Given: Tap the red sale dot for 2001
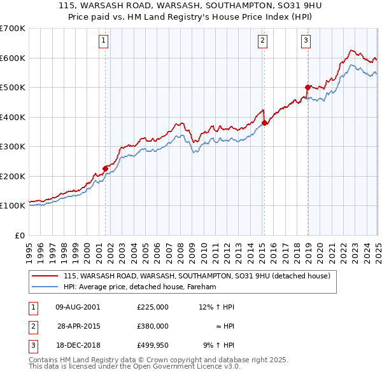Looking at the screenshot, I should pyautogui.click(x=106, y=168).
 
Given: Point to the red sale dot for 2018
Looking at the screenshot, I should pyautogui.click(x=307, y=87).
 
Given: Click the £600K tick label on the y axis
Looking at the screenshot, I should pyautogui.click(x=13, y=58).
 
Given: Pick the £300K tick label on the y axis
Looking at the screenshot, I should pyautogui.click(x=13, y=147).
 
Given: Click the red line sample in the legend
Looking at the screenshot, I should pyautogui.click(x=45, y=276).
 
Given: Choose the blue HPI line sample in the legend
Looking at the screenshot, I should pyautogui.click(x=45, y=287).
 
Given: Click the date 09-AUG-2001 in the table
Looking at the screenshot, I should pyautogui.click(x=78, y=307).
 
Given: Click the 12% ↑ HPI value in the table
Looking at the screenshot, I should pyautogui.click(x=216, y=307).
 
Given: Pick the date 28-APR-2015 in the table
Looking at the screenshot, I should pyautogui.click(x=78, y=326).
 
